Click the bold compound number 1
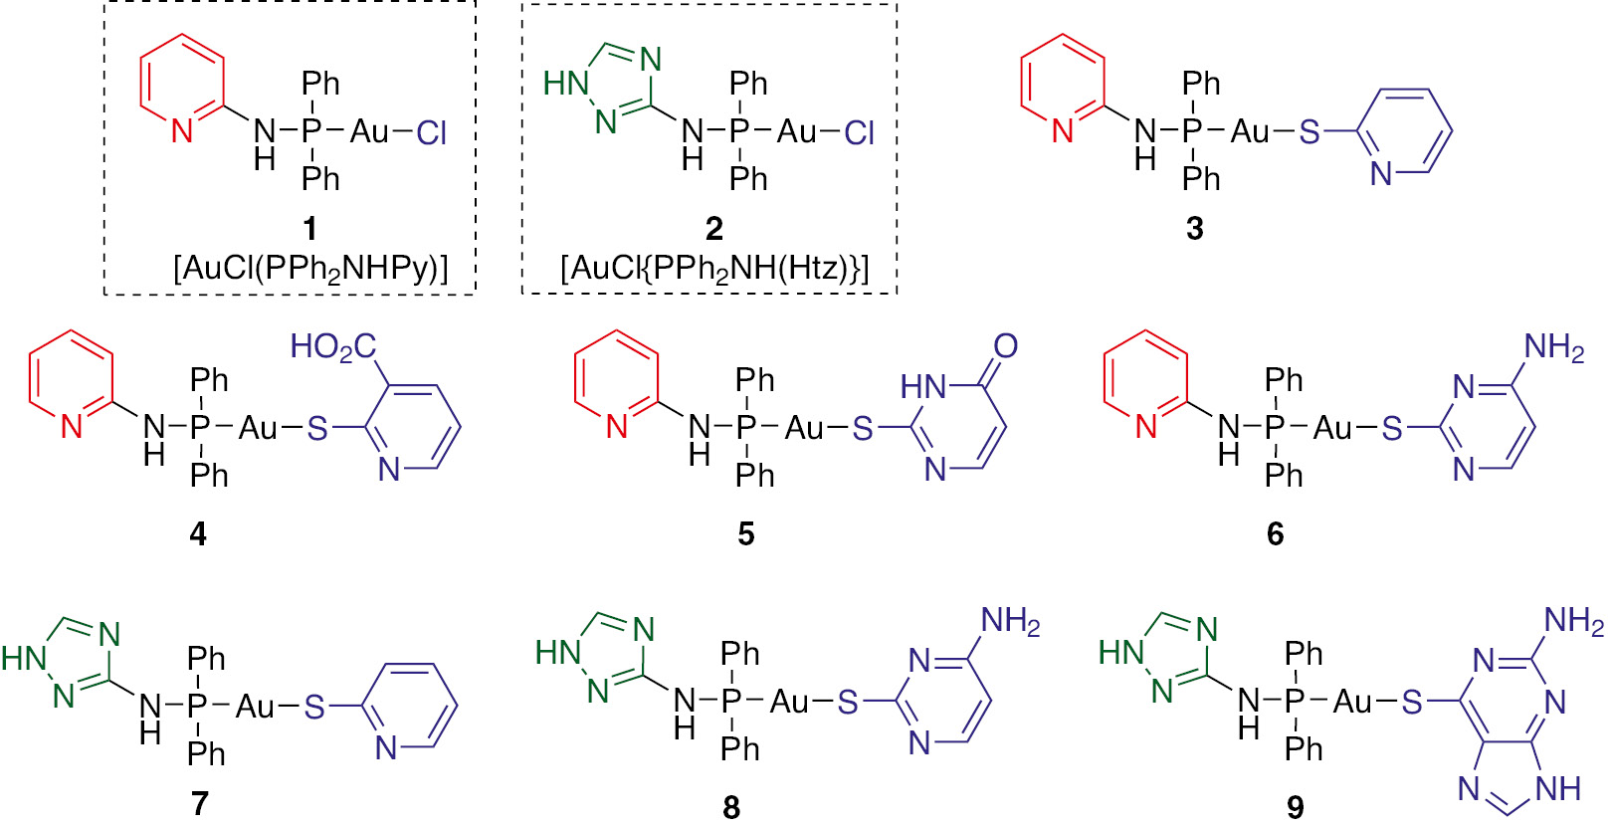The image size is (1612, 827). coord(309,229)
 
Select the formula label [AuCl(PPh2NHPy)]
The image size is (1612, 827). coord(310,269)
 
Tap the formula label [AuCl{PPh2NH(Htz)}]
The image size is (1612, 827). coord(714,269)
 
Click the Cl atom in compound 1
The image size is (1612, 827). coord(431,132)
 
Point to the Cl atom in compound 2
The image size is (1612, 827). coord(859,132)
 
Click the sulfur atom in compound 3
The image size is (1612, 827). coord(1310,131)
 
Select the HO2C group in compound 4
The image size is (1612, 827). coord(332,347)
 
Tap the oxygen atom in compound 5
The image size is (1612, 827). coord(1005,346)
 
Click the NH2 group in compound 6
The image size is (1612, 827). coord(1553,347)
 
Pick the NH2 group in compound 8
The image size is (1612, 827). coord(1010,621)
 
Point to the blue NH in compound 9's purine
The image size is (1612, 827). coord(1557,789)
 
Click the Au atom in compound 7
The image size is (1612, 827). coord(255,707)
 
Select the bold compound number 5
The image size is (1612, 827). coord(745,534)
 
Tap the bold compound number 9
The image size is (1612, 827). coord(1295,807)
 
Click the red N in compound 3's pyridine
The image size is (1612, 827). coord(1062,131)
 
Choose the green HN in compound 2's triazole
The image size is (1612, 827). coord(565,85)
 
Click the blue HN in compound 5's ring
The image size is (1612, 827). coord(922,388)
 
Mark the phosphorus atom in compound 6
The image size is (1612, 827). coord(1274,428)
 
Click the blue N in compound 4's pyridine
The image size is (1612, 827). coord(389,470)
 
